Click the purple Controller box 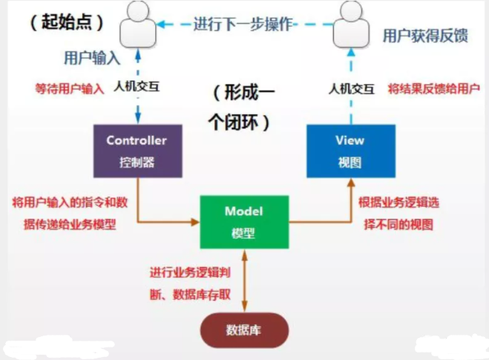click(137, 151)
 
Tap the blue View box click(349, 151)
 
